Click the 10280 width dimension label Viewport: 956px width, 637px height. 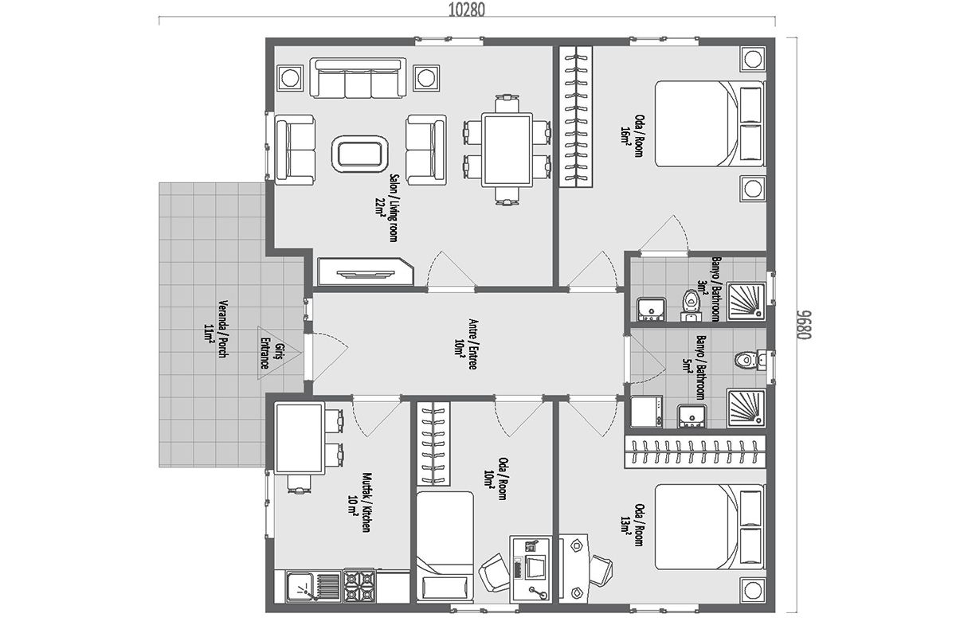467,10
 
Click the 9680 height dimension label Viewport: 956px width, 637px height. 804,325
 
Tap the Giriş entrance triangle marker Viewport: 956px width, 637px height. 279,353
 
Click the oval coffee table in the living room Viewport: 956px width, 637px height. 360,154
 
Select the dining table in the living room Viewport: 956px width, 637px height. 507,150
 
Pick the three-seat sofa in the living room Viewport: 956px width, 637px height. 358,79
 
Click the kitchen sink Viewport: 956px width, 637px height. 300,587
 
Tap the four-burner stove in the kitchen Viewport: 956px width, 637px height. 359,586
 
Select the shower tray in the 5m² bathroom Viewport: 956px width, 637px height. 746,408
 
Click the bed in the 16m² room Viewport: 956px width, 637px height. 709,123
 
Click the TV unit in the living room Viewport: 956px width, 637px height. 366,272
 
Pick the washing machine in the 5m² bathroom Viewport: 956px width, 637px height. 647,412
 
